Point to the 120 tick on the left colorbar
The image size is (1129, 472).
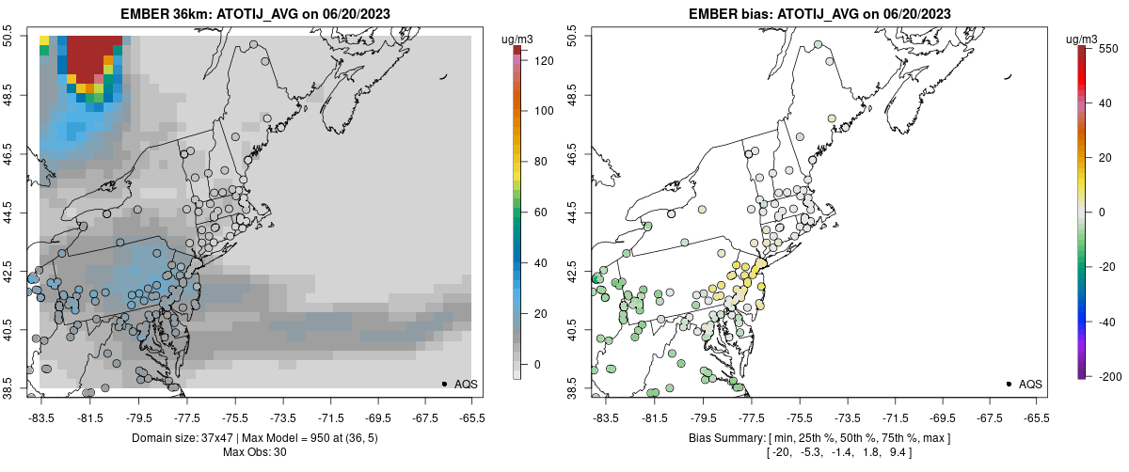click(x=544, y=60)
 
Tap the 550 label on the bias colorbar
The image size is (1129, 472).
click(x=1110, y=48)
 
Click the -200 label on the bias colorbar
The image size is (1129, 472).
click(x=1110, y=376)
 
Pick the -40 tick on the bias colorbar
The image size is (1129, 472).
click(x=1109, y=322)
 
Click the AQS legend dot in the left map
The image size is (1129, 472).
click(x=443, y=384)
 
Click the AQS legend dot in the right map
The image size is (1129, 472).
click(x=1008, y=384)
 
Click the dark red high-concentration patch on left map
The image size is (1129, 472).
click(x=94, y=56)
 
